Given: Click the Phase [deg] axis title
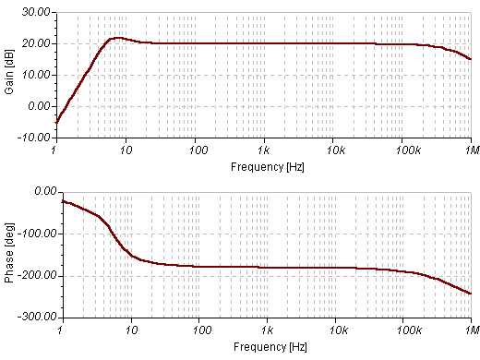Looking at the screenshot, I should click(9, 253).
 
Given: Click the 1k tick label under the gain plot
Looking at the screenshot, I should click(264, 150).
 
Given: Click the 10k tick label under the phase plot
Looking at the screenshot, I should click(335, 330).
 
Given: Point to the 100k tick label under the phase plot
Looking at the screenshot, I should click(403, 330).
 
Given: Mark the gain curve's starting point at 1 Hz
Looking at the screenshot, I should click(57, 122).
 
